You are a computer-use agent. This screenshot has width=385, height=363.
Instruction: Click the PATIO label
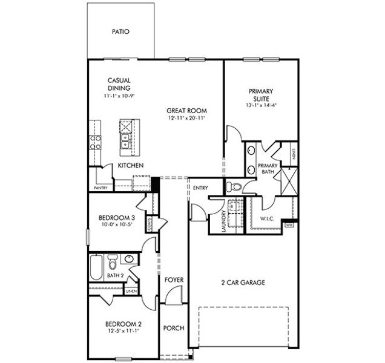click(x=121, y=31)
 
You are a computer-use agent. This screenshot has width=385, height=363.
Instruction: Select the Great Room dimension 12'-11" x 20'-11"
click(x=187, y=119)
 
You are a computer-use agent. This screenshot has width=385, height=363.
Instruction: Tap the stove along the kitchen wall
click(x=95, y=142)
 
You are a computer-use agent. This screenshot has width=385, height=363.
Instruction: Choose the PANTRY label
click(x=100, y=188)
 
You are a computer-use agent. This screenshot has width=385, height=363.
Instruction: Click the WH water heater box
click(x=289, y=225)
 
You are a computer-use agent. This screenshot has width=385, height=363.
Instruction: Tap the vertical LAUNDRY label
click(x=224, y=221)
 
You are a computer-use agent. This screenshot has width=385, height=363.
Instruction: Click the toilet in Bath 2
click(x=112, y=262)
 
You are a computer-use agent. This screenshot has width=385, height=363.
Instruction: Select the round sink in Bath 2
click(x=129, y=260)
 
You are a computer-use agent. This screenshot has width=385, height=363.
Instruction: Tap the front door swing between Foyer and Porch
click(x=174, y=296)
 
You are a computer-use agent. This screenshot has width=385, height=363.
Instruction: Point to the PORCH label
click(x=174, y=329)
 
